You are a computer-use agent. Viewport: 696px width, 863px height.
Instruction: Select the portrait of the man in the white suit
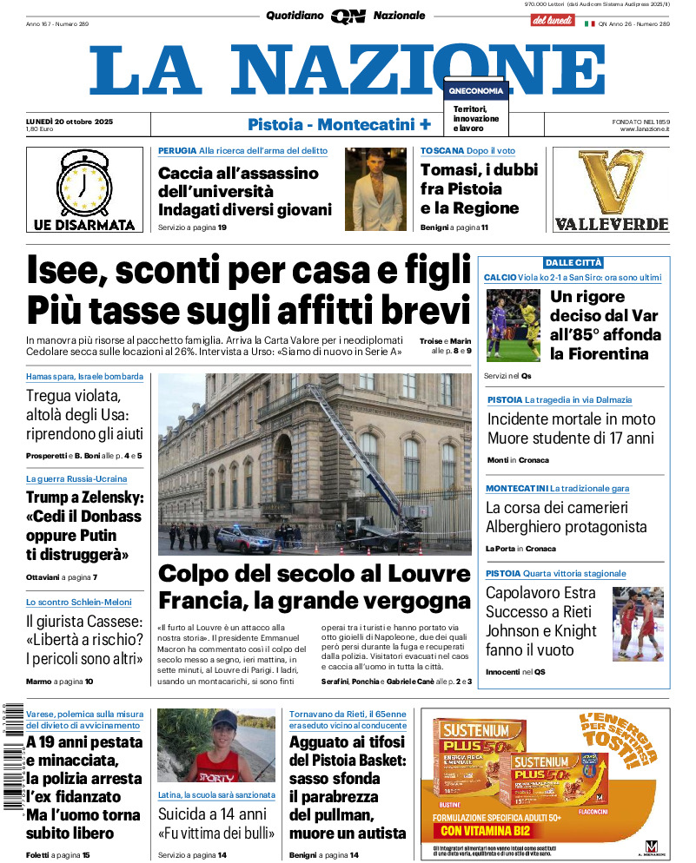pos(375,188)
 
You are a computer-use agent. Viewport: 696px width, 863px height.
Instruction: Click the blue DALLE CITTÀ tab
pos(573,262)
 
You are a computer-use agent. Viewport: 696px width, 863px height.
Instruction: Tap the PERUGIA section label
pos(177,151)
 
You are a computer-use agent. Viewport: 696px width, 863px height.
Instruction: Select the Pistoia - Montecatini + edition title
pos(339,124)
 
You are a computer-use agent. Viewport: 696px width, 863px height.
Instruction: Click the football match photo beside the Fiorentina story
pos(513,325)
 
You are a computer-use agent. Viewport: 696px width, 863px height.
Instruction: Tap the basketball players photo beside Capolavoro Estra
pos(637,623)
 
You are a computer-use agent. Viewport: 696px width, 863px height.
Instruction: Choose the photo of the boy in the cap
pos(216,745)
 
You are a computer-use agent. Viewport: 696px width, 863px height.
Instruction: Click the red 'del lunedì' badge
pos(552,19)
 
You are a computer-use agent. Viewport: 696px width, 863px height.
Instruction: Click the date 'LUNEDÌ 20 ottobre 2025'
pos(70,121)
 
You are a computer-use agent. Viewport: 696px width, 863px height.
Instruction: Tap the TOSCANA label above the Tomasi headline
pos(441,151)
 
